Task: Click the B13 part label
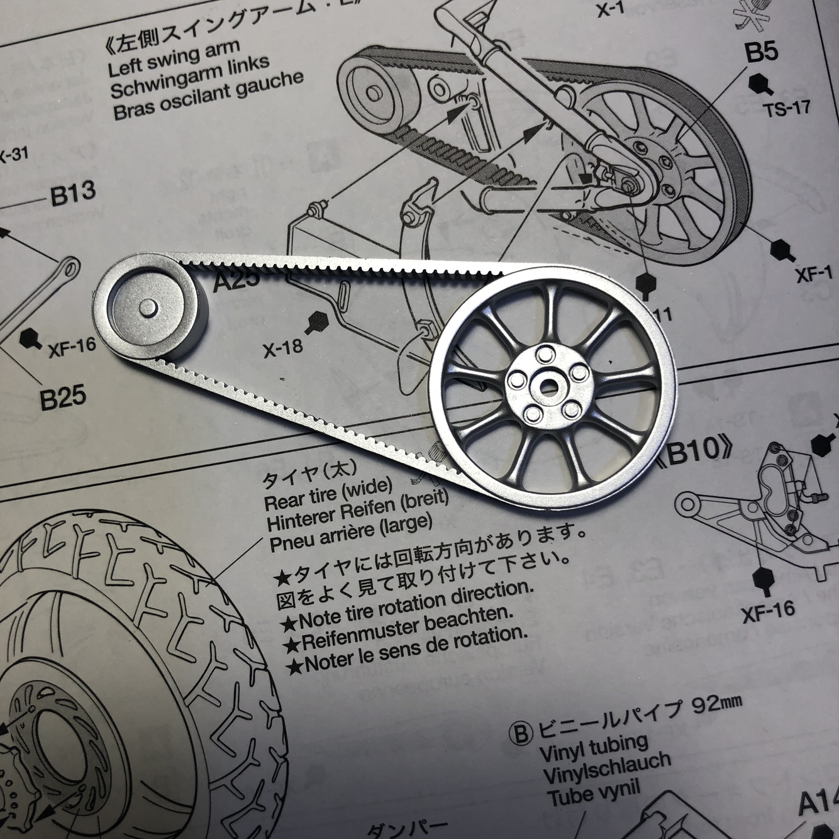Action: tap(72, 192)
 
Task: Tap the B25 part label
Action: tap(63, 398)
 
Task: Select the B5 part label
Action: tap(762, 52)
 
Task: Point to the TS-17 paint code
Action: tap(786, 108)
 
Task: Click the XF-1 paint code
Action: tap(814, 274)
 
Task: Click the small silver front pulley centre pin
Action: tap(148, 308)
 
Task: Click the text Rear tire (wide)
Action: tap(328, 494)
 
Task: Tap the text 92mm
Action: tap(716, 704)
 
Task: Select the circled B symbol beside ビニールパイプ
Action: tap(519, 733)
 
